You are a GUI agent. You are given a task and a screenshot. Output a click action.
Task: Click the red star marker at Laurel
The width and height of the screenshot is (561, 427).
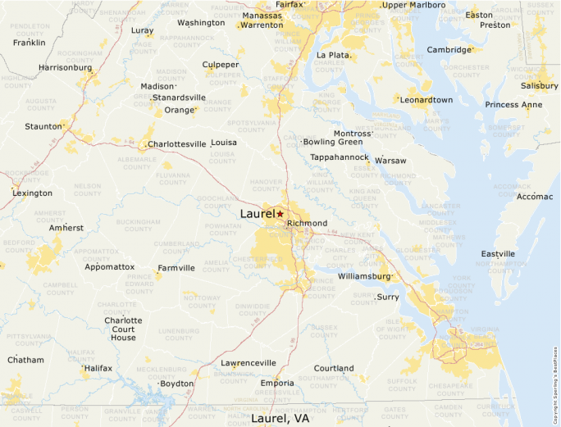(280, 214)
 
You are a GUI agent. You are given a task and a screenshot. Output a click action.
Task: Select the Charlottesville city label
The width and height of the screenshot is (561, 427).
(177, 144)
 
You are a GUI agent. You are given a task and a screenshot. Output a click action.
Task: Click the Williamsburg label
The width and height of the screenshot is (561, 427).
(365, 276)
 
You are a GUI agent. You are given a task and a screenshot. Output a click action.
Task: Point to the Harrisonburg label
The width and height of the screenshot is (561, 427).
(65, 67)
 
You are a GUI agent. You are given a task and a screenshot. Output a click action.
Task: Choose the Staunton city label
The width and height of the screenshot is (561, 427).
(43, 126)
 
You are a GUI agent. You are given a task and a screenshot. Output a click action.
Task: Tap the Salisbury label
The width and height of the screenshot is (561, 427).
(539, 85)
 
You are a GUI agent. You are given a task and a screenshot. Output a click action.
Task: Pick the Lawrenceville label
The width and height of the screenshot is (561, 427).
(248, 362)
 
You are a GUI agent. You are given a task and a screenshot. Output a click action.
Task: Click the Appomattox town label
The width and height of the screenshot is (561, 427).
(110, 266)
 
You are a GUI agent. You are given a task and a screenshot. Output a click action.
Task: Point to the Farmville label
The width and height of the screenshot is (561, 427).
(176, 268)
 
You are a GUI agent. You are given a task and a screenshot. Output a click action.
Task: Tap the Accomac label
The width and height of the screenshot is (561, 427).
(535, 197)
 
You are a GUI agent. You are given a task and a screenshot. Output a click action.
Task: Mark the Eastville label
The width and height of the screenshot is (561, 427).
(498, 254)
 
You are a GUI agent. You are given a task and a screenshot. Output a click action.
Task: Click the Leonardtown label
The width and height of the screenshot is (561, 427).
(426, 100)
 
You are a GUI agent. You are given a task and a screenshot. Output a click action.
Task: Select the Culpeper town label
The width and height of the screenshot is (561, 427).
(221, 65)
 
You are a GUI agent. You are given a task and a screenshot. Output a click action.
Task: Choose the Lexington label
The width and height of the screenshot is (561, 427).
(33, 193)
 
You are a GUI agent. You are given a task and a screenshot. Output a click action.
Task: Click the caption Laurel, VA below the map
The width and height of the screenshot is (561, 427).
(280, 418)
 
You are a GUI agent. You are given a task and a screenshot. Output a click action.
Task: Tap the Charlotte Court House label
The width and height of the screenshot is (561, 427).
(123, 329)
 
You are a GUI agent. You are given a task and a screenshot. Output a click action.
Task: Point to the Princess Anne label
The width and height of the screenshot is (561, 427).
(513, 105)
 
